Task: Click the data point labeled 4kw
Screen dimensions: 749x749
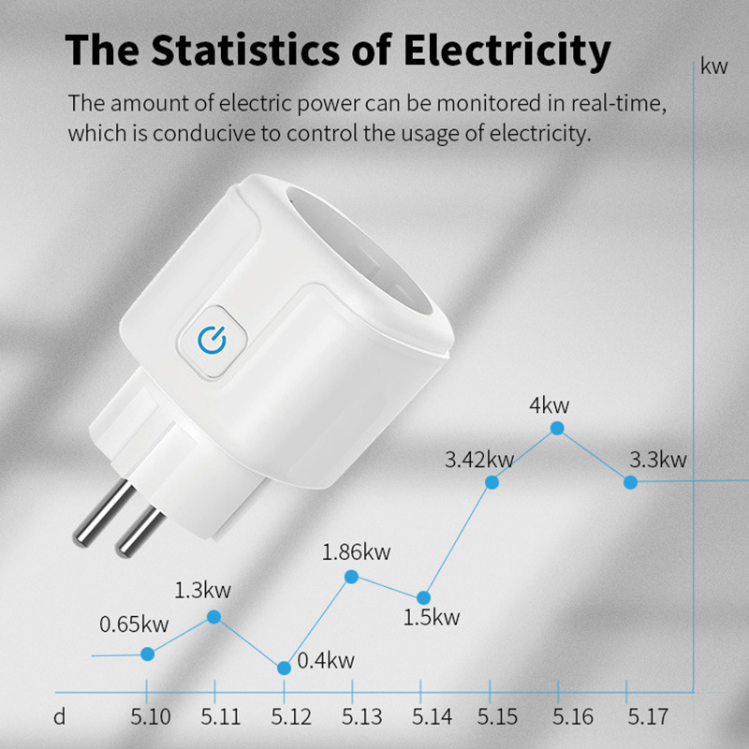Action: tap(558, 428)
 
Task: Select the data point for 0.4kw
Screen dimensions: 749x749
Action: tap(285, 668)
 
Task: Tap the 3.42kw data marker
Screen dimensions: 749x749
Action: tap(492, 482)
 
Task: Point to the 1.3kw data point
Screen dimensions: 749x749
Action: tap(213, 616)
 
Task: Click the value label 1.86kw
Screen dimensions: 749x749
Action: tap(356, 551)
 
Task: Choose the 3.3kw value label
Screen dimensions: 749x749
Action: tap(658, 460)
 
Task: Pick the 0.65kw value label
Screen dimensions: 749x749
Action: tap(135, 624)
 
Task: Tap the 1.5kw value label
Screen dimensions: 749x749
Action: tap(432, 617)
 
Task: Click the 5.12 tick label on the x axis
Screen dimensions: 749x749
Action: tap(292, 718)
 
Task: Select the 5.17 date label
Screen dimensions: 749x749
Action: tap(648, 718)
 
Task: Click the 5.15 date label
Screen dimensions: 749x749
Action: tap(496, 718)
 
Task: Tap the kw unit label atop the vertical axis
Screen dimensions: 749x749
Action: tap(713, 66)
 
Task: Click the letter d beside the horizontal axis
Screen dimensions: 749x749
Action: tap(60, 718)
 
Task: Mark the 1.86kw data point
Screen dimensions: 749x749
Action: tap(351, 577)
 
